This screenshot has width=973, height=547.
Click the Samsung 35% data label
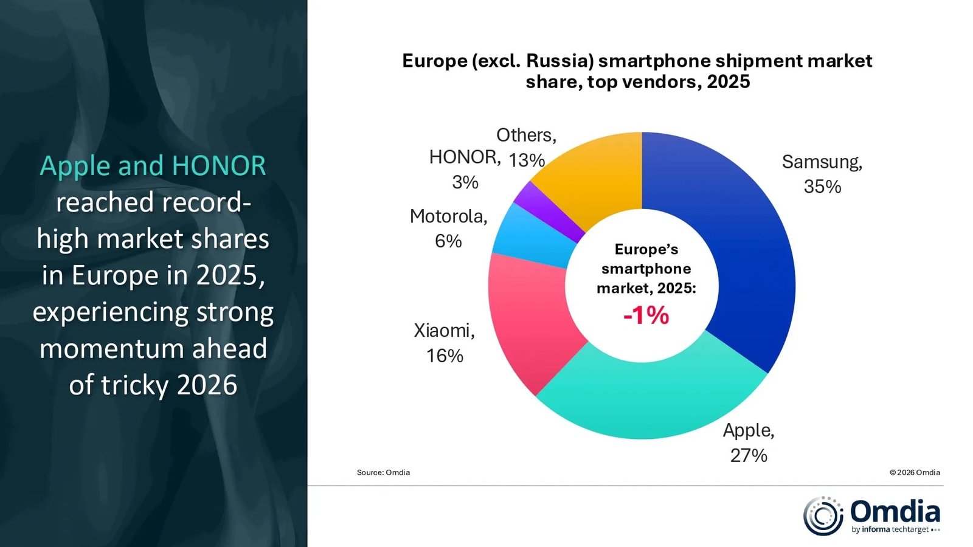coord(822,174)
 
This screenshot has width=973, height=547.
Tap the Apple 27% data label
coord(749,442)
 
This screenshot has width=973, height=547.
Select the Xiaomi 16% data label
coord(445,343)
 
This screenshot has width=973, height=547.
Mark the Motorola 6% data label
coord(449,229)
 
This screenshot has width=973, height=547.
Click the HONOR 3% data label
coord(465,169)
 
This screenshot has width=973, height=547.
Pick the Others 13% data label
coord(527,148)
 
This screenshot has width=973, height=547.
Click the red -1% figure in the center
coord(646,315)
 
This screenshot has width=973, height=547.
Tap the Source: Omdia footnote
coord(383,472)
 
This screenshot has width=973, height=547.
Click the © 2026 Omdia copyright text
coord(915,472)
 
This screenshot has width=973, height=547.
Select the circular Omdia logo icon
coord(823,516)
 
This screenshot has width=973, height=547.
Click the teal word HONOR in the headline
coord(219,166)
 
